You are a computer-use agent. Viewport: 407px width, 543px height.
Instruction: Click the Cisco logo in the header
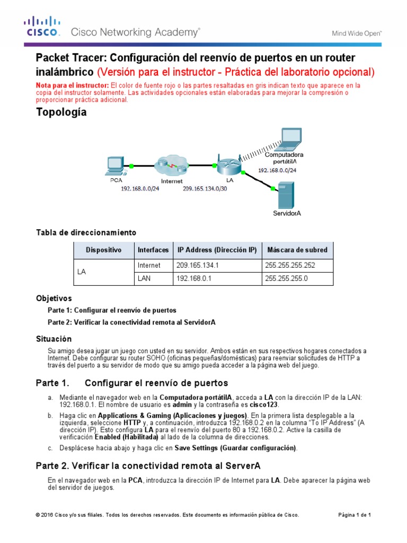42,27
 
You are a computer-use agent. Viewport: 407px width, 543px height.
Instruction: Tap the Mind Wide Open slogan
357,33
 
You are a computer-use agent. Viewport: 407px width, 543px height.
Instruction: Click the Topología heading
61,112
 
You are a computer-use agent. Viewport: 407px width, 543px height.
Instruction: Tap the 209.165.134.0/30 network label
205,188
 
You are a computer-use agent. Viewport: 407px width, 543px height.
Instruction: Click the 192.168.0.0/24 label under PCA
140,188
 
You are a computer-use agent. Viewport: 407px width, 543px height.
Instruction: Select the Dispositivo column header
103,250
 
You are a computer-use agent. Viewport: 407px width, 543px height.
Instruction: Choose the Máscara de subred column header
297,250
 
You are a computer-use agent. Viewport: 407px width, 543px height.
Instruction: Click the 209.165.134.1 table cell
196,265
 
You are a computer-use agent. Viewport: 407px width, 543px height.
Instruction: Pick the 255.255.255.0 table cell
286,278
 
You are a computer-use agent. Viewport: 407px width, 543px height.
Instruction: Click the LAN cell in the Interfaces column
145,278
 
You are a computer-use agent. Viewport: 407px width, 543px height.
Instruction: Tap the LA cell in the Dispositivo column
82,271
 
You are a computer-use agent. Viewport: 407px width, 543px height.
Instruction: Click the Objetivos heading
54,298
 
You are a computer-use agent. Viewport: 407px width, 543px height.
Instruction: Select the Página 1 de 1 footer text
355,515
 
